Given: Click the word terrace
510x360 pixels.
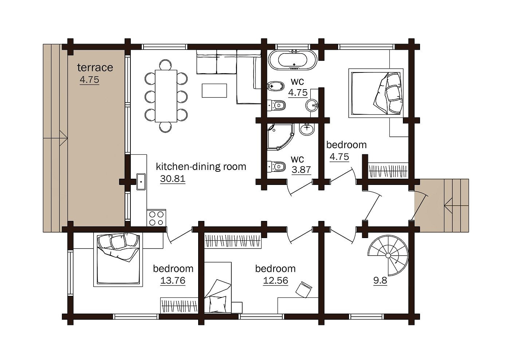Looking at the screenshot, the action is coord(95,68).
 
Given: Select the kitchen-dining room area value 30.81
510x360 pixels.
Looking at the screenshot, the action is coord(173,179).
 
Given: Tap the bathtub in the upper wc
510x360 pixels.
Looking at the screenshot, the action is coord(293,60).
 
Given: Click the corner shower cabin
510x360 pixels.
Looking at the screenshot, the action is coord(280,137).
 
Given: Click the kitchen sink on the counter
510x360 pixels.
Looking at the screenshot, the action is coord(141,182).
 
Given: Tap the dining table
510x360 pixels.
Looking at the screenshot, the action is coord(166,96).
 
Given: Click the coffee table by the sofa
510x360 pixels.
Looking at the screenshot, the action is coord(214,91).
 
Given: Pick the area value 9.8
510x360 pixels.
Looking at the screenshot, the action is coord(380,280).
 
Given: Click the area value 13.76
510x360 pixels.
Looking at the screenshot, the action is coord(173,281).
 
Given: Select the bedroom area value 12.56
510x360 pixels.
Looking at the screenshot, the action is coord(275,281).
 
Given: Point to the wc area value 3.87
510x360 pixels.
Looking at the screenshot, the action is coord(301,170).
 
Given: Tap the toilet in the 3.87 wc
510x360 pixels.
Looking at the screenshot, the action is coord(276,167).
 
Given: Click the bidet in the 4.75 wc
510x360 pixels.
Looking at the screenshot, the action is coord(275,86).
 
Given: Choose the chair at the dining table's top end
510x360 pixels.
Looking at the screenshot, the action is coord(165,65).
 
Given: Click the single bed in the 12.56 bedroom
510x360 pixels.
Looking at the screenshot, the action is coord(218,288).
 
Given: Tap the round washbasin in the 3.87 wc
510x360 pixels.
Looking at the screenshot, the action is coord(307,129).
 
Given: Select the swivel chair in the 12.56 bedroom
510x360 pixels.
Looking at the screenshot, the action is coord(303,289).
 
